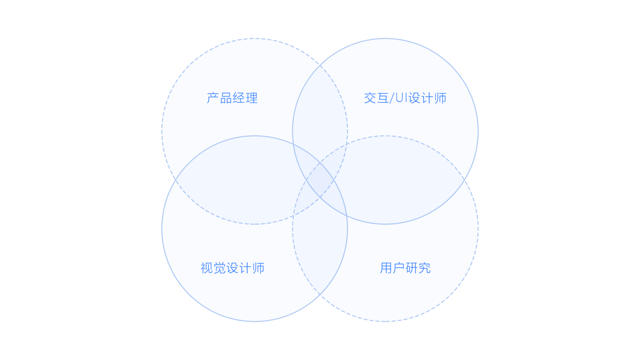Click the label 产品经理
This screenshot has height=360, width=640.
coord(232,98)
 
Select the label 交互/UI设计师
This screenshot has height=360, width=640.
coord(405,98)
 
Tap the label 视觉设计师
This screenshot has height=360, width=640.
coord(232,268)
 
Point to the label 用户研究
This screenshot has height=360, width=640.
coord(405,268)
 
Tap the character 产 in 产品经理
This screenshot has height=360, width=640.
coord(213,98)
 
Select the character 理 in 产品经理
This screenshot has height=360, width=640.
coord(251,98)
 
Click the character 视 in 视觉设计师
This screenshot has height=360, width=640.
coord(206,268)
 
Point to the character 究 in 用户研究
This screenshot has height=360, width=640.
coord(424,268)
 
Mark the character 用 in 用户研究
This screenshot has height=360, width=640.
coord(386,268)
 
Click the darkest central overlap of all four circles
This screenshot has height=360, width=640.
coord(320,180)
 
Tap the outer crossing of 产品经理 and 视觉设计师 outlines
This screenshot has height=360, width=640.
coord(175,180)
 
